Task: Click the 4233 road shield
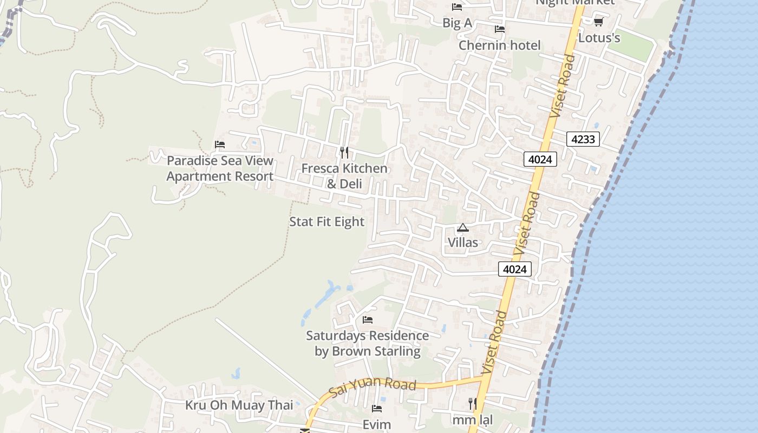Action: (x=583, y=139)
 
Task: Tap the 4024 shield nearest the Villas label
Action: (x=515, y=269)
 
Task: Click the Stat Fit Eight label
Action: (x=327, y=222)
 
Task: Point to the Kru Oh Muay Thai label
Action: (x=239, y=405)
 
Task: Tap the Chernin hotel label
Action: (x=499, y=45)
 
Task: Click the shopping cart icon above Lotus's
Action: (x=598, y=22)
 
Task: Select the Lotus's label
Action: (x=599, y=38)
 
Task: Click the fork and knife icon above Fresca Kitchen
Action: (x=344, y=153)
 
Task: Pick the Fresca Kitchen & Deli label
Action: (x=344, y=176)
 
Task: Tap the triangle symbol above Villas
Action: (x=462, y=228)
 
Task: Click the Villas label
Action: (x=463, y=242)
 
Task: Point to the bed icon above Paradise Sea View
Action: (x=219, y=145)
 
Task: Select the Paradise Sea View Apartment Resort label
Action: (x=220, y=168)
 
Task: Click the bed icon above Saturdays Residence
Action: (x=368, y=320)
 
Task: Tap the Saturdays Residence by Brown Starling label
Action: (x=368, y=343)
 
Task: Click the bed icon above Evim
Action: (x=377, y=409)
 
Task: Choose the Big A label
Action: (x=457, y=23)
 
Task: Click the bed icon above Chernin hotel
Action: (x=499, y=29)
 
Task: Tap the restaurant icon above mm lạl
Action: (x=473, y=403)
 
